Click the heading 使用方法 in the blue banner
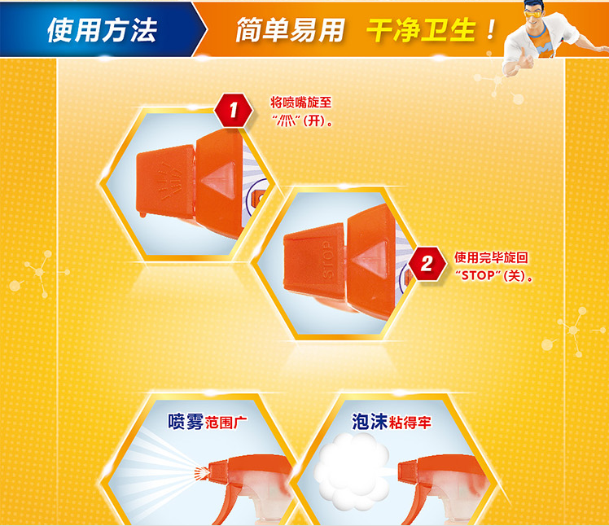(x=102, y=30)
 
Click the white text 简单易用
(x=290, y=30)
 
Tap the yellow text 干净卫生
(x=421, y=30)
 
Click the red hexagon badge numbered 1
(x=233, y=110)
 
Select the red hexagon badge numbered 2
(x=427, y=264)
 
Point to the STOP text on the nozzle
(x=328, y=260)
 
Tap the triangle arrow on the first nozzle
(x=219, y=180)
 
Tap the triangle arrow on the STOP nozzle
(x=370, y=259)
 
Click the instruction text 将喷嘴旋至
(x=301, y=103)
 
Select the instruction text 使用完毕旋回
(x=491, y=257)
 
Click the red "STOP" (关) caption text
(x=493, y=275)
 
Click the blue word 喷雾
(x=186, y=422)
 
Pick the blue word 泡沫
(x=370, y=422)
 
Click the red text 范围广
(x=226, y=423)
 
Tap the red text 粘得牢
(x=410, y=423)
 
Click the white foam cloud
(x=352, y=471)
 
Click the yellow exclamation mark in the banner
(x=491, y=29)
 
